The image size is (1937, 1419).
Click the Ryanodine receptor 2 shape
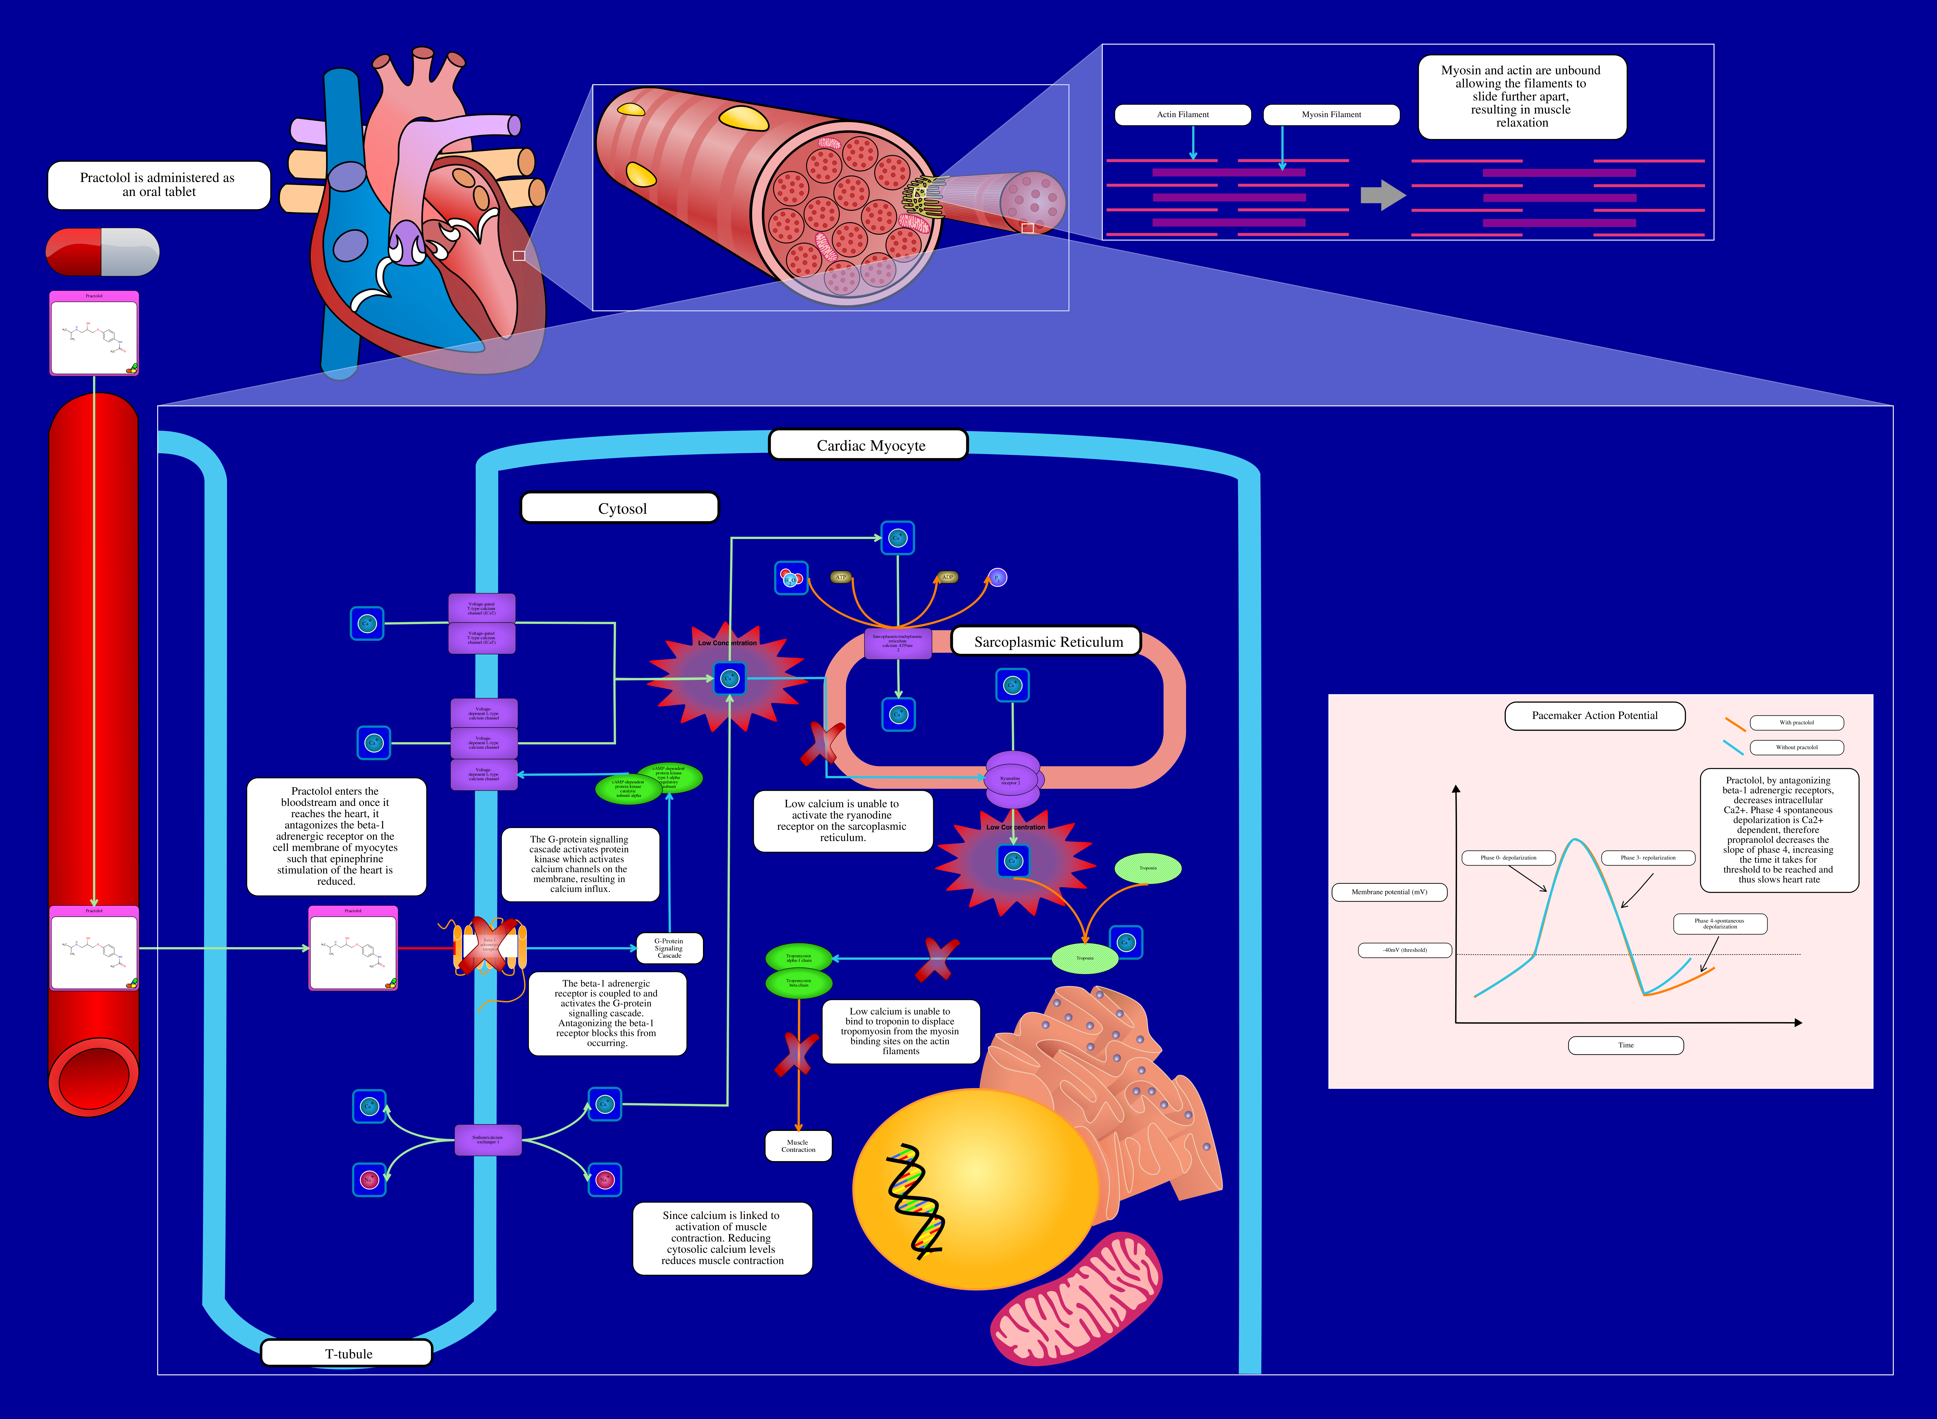click(1012, 780)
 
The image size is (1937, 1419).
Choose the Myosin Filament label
click(1330, 114)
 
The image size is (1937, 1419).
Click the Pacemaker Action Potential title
click(1594, 716)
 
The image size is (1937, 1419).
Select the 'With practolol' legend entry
click(1796, 722)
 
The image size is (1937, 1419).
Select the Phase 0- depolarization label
click(1508, 857)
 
